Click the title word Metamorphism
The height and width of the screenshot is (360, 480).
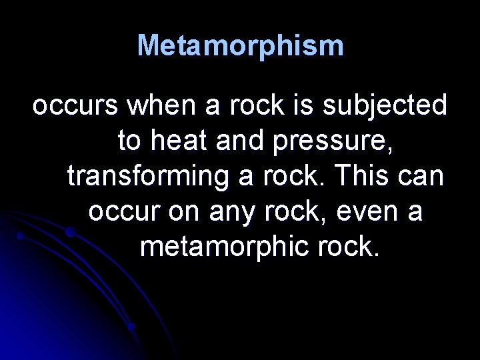tap(240, 46)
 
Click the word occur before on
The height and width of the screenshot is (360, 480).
tap(125, 212)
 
